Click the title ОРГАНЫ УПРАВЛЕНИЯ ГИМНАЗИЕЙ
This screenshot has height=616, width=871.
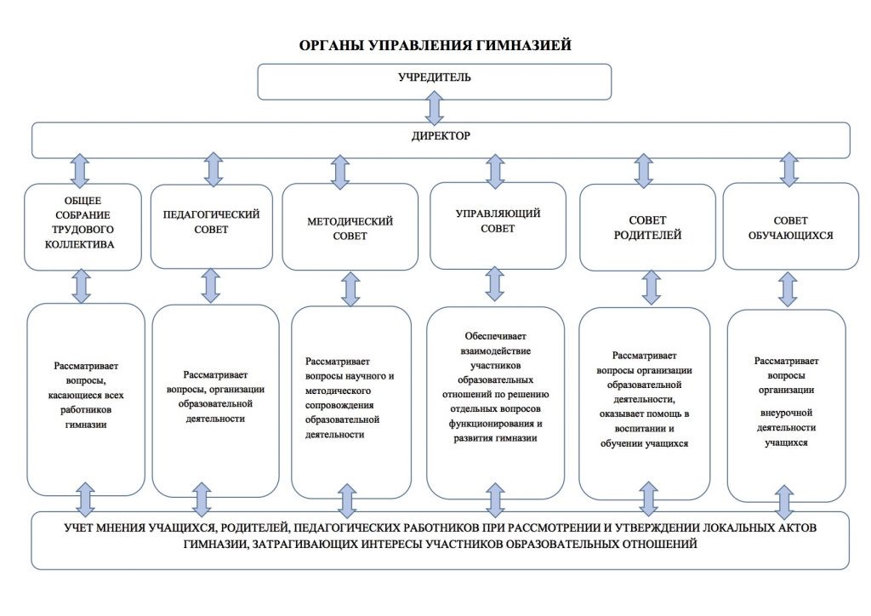[x=435, y=45]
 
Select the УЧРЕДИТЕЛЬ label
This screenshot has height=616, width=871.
[x=435, y=77]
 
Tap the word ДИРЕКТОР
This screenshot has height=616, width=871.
[x=441, y=135]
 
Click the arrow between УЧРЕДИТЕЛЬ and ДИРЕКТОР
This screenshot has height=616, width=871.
[x=435, y=108]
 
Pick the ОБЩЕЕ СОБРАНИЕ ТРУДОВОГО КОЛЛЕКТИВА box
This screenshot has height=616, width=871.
[x=83, y=226]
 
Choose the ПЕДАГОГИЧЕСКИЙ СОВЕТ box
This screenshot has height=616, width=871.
[x=212, y=226]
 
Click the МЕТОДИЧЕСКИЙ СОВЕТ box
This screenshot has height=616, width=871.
[x=350, y=227]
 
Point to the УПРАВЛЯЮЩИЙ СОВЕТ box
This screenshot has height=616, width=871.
[x=498, y=225]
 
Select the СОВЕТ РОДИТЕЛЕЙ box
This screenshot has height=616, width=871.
[x=647, y=227]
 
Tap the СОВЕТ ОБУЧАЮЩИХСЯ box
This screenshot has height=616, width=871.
[x=790, y=226]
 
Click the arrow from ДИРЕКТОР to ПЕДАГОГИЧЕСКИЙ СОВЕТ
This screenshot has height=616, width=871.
[x=213, y=169]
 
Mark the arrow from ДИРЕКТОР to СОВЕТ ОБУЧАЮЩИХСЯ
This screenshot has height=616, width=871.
[x=788, y=169]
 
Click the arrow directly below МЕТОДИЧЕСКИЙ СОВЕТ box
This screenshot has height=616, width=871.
[x=350, y=288]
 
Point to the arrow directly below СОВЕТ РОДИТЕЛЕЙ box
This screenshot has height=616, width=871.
[x=651, y=288]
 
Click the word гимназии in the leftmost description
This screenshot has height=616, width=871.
[x=86, y=425]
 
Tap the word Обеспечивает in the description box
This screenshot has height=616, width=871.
[x=496, y=336]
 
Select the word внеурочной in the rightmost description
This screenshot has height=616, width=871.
[x=786, y=413]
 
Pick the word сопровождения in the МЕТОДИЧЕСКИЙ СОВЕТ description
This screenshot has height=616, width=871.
[x=339, y=405]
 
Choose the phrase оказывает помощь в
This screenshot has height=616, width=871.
[x=645, y=414]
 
